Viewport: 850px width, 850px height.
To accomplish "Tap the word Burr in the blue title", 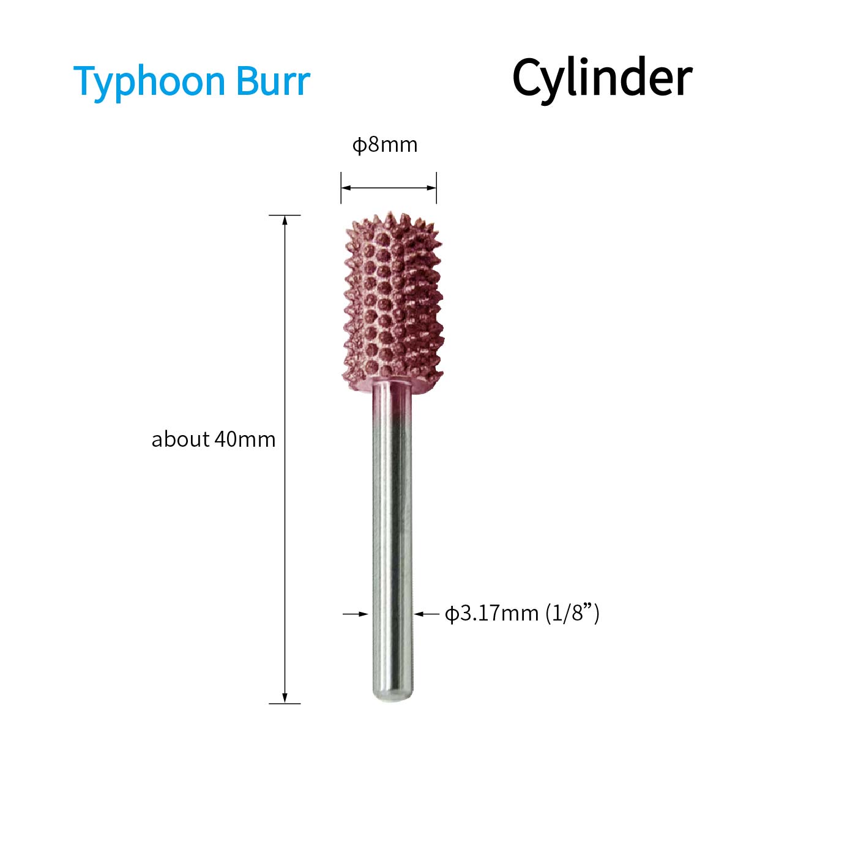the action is pyautogui.click(x=274, y=81).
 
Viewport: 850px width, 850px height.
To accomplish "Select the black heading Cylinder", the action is pyautogui.click(x=602, y=78).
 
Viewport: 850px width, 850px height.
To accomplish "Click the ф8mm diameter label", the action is pyautogui.click(x=385, y=145).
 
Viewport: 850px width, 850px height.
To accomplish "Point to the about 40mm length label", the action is pyautogui.click(x=214, y=439).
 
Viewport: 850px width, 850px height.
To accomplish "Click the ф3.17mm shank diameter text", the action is pyautogui.click(x=491, y=614).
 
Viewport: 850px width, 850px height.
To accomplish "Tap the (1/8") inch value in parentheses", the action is pyautogui.click(x=572, y=614).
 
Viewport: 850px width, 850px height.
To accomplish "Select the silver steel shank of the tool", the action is pyautogui.click(x=392, y=543).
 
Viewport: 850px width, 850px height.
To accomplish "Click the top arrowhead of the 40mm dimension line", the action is pyautogui.click(x=285, y=220).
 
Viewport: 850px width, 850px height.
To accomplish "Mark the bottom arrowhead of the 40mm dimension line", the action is pyautogui.click(x=285, y=698).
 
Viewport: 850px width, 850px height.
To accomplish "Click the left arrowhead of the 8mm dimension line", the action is pyautogui.click(x=346, y=188).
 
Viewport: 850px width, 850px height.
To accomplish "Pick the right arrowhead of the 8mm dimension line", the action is pyautogui.click(x=431, y=188).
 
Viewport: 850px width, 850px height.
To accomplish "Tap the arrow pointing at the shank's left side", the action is pyautogui.click(x=356, y=614).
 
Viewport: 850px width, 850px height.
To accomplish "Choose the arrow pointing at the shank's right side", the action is pyautogui.click(x=427, y=614).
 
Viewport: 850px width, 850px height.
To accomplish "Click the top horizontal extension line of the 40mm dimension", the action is pyautogui.click(x=285, y=215).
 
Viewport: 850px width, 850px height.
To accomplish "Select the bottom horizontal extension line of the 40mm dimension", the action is pyautogui.click(x=285, y=704).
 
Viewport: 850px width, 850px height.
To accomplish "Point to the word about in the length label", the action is pyautogui.click(x=181, y=439).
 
